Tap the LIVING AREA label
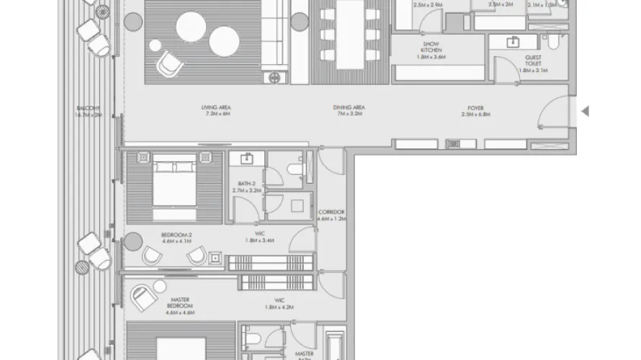click(216, 111)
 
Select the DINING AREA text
click(349, 111)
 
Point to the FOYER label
click(475, 111)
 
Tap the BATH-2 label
click(247, 186)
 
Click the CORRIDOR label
click(331, 215)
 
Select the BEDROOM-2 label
click(176, 238)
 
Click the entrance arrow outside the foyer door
click(585, 111)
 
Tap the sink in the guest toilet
click(514, 42)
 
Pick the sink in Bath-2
click(247, 158)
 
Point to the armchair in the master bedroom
click(143, 293)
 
